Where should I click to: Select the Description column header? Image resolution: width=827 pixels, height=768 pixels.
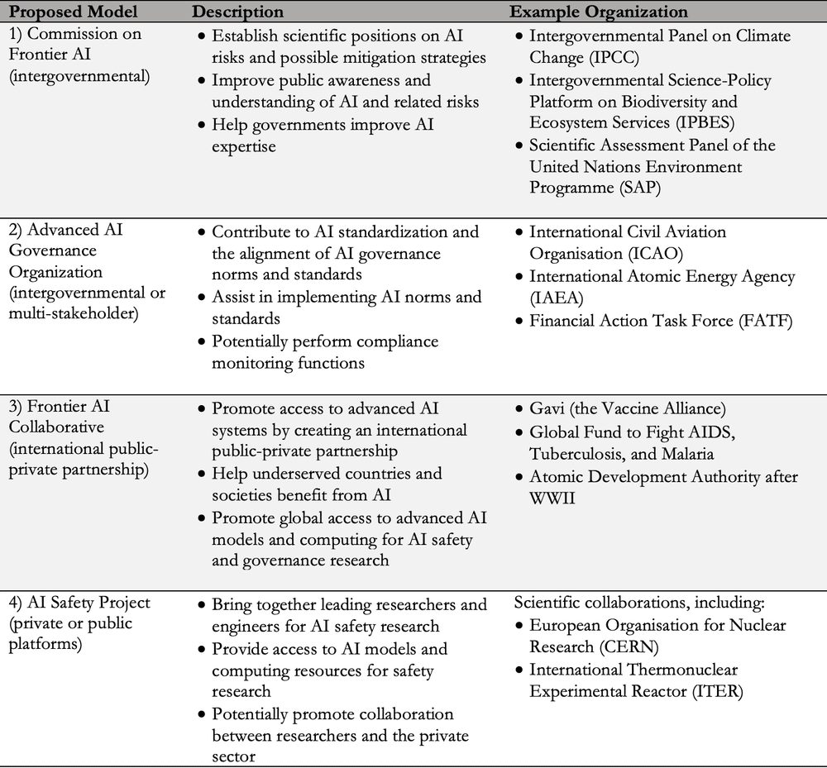[237, 12]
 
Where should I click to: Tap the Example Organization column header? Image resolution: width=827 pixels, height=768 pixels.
[598, 12]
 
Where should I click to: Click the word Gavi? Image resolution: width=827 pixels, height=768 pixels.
[547, 408]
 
